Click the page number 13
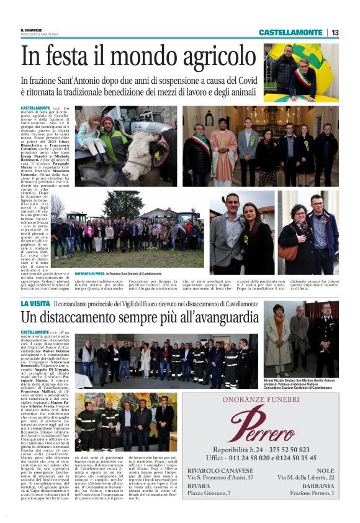pyautogui.click(x=335, y=32)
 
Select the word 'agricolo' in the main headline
pyautogui.click(x=205, y=57)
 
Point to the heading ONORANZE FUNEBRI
pyautogui.click(x=269, y=401)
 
